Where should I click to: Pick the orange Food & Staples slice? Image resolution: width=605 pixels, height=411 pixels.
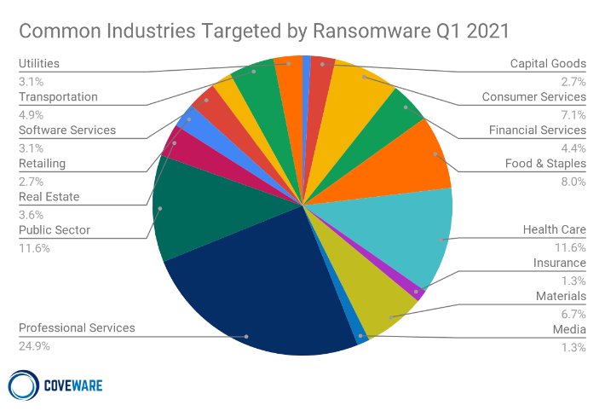coord(418,158)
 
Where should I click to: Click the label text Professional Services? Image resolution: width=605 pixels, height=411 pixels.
coord(77,328)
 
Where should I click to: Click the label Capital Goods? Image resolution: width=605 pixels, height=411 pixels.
coord(548,64)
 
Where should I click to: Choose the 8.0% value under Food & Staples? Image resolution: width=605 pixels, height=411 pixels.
coord(573,181)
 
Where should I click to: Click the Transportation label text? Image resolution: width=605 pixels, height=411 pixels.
coord(58,97)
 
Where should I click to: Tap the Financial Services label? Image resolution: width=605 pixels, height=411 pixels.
coord(538,130)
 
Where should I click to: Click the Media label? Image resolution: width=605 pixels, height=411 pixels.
coord(568,329)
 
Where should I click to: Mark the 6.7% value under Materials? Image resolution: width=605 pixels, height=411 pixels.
coord(573,313)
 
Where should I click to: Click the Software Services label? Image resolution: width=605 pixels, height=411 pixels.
coord(67,130)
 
